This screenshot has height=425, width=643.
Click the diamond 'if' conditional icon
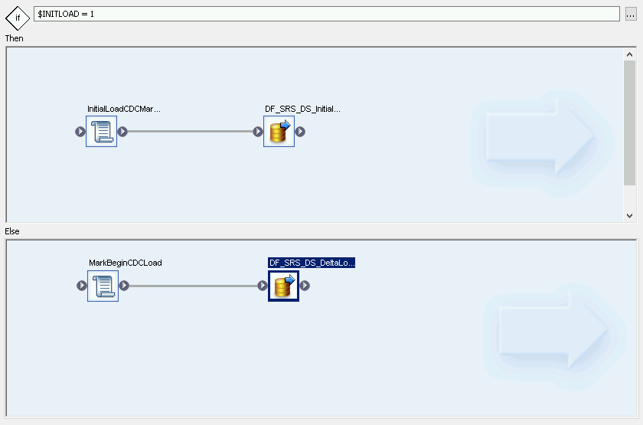pos(18,16)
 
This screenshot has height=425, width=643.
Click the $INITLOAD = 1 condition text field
pos(325,14)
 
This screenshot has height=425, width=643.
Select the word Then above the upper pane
pos(15,38)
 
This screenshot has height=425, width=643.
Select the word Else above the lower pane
pos(13,230)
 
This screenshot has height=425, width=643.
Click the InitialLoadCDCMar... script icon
pos(101,132)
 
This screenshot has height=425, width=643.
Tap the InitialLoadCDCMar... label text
pos(123,110)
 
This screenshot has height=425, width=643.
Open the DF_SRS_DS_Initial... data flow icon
pos(279,132)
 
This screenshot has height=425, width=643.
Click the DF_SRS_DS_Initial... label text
pos(302,110)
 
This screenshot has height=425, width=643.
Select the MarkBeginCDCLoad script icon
pos(103,286)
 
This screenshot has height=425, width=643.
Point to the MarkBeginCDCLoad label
pos(125,263)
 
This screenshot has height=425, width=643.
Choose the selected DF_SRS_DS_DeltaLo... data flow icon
pos(283,286)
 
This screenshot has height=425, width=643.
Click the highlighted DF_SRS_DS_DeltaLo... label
pos(312,263)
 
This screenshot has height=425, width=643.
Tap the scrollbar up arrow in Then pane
pos(630,54)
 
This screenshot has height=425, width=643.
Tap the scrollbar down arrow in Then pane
pos(630,216)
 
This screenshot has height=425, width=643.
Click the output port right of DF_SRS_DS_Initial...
pos(301,132)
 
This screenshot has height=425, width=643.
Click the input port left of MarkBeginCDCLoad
pos(82,286)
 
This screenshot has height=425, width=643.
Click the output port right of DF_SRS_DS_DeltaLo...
pos(305,286)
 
